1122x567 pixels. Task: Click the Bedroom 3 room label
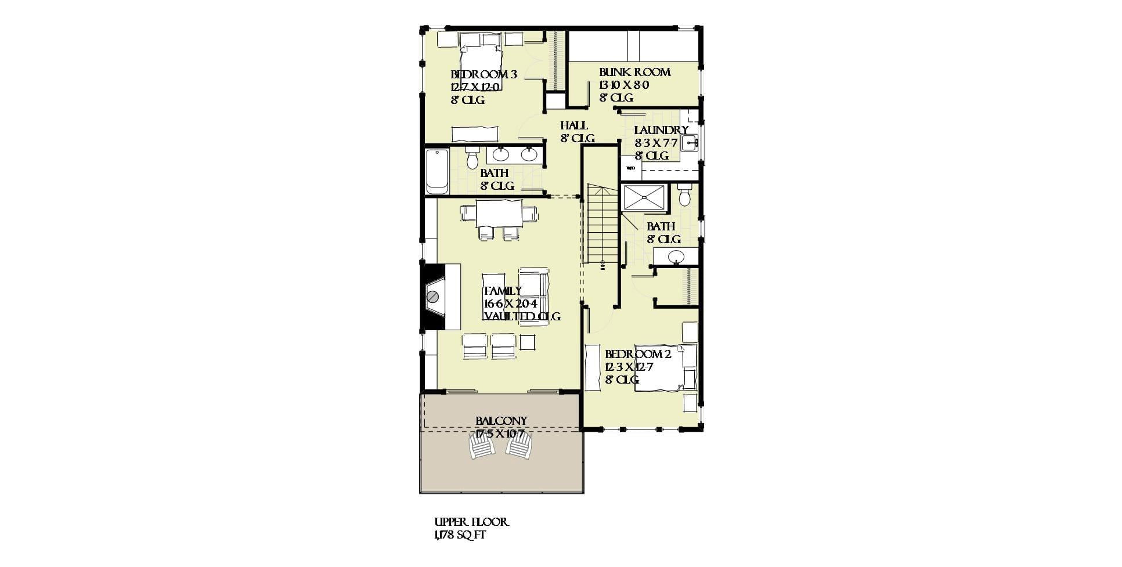484,75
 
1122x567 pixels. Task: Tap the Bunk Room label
634,73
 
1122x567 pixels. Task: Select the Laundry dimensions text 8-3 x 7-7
656,143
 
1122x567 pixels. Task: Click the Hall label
574,125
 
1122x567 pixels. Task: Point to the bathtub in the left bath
437,171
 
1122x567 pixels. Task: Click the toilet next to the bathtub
472,157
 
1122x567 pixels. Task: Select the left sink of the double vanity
501,154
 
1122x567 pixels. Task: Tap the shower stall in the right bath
644,198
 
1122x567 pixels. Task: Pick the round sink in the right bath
676,256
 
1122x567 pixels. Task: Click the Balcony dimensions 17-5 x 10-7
500,434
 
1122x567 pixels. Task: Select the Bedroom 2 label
638,355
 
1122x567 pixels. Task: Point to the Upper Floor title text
471,522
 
